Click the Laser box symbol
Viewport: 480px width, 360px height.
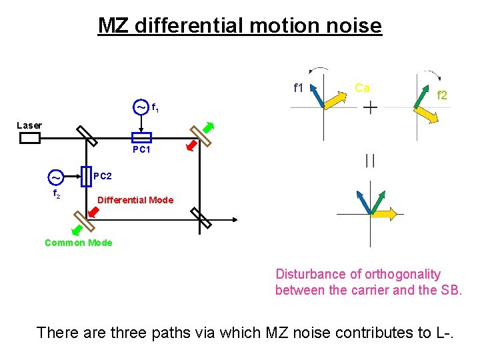pos(30,138)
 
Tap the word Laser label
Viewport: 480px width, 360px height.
pos(29,125)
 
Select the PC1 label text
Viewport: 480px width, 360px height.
pos(141,150)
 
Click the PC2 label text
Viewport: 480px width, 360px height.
pos(103,177)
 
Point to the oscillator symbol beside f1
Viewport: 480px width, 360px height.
pos(141,107)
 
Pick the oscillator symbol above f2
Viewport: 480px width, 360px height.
pos(56,178)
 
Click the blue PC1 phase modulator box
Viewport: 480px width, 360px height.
pos(141,137)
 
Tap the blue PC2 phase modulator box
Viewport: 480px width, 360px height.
pos(86,176)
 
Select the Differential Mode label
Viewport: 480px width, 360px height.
pos(135,200)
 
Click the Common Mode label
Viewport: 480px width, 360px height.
pos(78,243)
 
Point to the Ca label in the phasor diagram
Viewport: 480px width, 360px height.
pos(362,87)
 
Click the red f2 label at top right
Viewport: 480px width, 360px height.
pos(441,96)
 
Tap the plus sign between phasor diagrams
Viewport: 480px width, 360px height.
pos(369,107)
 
